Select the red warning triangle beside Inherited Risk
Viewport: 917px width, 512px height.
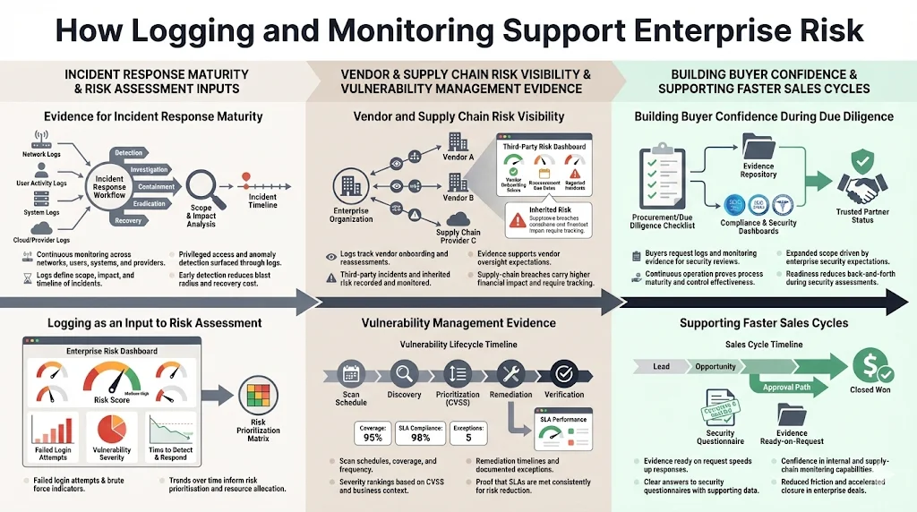click(x=517, y=224)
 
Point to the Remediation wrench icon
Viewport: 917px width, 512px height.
click(x=511, y=373)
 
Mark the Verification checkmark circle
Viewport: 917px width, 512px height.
click(x=563, y=373)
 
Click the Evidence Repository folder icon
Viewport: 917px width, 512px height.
click(x=757, y=150)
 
